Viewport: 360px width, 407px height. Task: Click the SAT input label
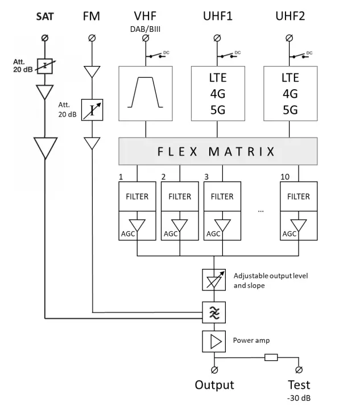[44, 16]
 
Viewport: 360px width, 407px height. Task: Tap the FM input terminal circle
[92, 38]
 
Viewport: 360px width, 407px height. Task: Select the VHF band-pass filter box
[146, 93]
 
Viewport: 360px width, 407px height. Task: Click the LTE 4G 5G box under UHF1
[218, 93]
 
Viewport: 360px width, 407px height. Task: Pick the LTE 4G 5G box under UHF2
[290, 93]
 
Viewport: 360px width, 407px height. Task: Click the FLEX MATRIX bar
[218, 152]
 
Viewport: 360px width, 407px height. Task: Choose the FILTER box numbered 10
[299, 197]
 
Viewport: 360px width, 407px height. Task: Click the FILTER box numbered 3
[222, 197]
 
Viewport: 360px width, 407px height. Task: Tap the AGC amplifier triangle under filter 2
[179, 226]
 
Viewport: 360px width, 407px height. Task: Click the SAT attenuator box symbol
[44, 67]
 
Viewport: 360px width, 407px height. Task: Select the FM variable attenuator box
[92, 110]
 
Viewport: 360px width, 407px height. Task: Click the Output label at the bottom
[214, 385]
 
